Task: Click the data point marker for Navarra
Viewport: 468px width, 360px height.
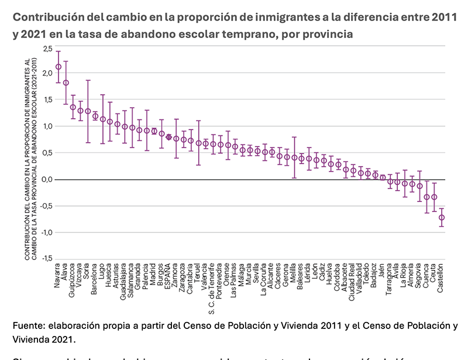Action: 58,67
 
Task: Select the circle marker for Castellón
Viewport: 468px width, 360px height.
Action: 442,218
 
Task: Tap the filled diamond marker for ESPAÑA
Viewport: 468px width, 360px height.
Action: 169,137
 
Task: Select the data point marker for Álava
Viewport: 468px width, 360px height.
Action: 66,83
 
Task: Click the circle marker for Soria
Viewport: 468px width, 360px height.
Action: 88,111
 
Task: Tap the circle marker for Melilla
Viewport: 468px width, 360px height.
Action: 294,157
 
